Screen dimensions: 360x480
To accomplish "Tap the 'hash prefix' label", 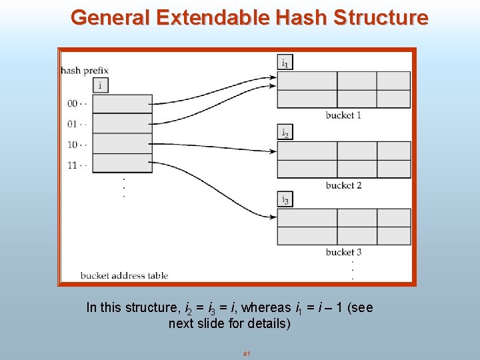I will tap(85, 70).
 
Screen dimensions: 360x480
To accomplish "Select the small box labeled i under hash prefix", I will tap(100, 85).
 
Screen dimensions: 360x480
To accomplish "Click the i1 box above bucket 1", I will tap(285, 63).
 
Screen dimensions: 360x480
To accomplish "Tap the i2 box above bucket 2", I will tap(285, 132).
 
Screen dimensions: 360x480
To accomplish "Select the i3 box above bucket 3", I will tap(285, 199).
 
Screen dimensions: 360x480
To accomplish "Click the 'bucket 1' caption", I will tap(343, 115).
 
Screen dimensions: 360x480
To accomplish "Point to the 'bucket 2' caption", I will tap(343, 185).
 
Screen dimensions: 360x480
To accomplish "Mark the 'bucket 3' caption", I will tap(343, 252).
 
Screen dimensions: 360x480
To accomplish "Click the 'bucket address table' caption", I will tap(124, 275).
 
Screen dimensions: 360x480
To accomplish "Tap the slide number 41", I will tap(246, 353).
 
